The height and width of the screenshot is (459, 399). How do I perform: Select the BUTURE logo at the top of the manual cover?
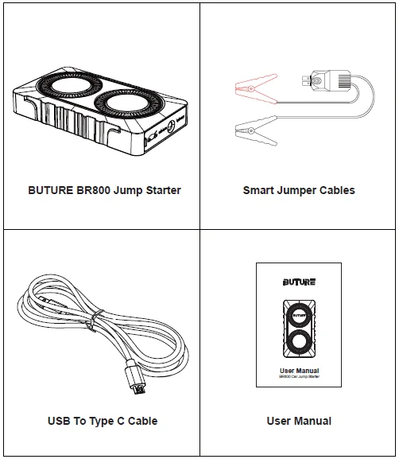click(299, 282)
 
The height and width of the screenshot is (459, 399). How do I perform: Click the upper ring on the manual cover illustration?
click(299, 315)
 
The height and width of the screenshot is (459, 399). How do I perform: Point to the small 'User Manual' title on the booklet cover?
click(299, 371)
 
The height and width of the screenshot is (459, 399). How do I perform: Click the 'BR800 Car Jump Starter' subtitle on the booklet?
click(299, 378)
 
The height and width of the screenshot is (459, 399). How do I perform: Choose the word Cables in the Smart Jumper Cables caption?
click(336, 190)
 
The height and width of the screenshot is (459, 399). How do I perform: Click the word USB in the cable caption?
click(59, 421)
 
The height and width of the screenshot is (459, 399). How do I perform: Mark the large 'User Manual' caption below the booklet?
click(299, 421)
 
